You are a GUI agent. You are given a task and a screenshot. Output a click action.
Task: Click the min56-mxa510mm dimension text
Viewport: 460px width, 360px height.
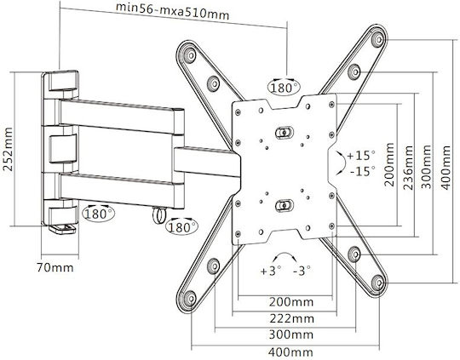172,11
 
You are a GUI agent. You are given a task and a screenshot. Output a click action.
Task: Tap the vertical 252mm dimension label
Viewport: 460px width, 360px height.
8,149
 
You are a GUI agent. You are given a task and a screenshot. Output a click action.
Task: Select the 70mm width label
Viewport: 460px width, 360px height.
55,267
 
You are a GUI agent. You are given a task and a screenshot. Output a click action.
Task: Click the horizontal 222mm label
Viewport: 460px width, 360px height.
292,318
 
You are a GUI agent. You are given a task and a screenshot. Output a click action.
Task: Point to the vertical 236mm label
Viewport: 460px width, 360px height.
408,168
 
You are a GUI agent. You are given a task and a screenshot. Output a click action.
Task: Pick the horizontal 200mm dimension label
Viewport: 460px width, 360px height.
291,301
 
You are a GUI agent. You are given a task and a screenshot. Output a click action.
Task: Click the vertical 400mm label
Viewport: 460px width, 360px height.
446,168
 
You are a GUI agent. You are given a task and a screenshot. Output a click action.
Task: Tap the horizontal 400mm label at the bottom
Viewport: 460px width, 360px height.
290,351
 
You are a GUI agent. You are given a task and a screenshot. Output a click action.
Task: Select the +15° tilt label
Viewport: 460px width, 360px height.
361,155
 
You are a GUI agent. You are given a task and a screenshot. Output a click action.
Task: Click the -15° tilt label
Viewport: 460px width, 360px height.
363,171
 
